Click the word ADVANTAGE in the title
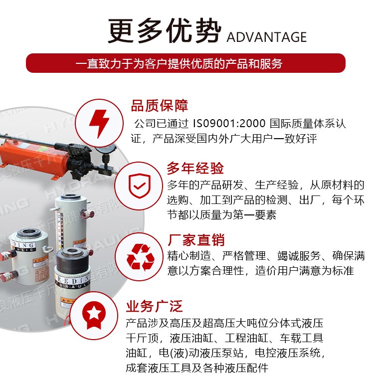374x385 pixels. (266, 37)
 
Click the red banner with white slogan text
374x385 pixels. (186, 63)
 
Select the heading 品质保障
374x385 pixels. (160, 105)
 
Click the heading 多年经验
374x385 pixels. (195, 168)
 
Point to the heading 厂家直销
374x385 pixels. (196, 240)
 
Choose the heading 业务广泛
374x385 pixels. (154, 306)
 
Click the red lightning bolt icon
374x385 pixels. (99, 123)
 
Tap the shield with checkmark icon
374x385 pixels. (140, 186)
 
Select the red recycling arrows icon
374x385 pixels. (140, 257)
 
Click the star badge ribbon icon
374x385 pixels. (94, 315)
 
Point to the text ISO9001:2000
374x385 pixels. (229, 123)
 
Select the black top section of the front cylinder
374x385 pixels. (72, 260)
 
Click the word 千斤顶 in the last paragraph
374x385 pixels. (142, 338)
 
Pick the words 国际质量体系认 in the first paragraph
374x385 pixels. (308, 123)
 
